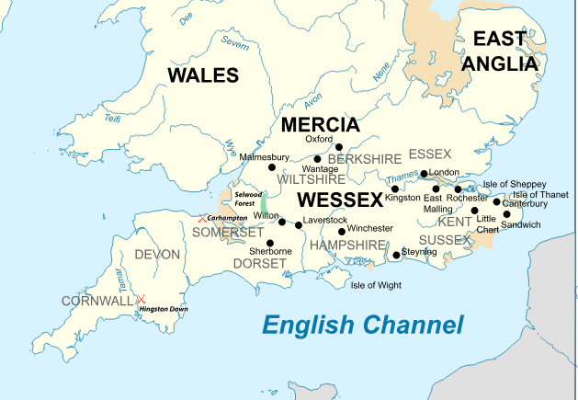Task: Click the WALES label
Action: (x=202, y=75)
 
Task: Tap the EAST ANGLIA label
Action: (x=500, y=51)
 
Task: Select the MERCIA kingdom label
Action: (x=320, y=125)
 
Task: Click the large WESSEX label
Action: (x=340, y=200)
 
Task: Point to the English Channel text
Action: (x=363, y=325)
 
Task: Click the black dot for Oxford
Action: (x=338, y=147)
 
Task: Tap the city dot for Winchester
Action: (x=342, y=232)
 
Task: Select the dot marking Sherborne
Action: (x=270, y=243)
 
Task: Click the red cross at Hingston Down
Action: (x=141, y=300)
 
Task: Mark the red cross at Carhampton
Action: (x=202, y=218)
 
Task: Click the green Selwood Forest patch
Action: (x=264, y=204)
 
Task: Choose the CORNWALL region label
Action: (x=97, y=301)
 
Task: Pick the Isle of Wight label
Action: (x=376, y=285)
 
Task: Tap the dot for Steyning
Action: (x=396, y=255)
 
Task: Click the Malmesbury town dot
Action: (x=271, y=166)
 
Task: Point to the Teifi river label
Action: (x=113, y=117)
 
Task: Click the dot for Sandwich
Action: (x=506, y=214)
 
